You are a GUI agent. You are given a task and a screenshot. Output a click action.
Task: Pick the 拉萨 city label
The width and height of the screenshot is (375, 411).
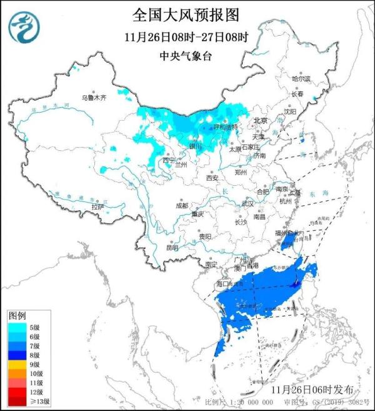(x=96, y=206)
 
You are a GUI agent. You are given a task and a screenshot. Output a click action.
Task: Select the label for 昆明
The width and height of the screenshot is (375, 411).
(x=172, y=248)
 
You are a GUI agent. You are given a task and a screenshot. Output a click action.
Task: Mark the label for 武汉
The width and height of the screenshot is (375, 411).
(x=247, y=203)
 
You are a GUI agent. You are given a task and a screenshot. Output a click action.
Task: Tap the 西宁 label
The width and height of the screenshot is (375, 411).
(x=169, y=160)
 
